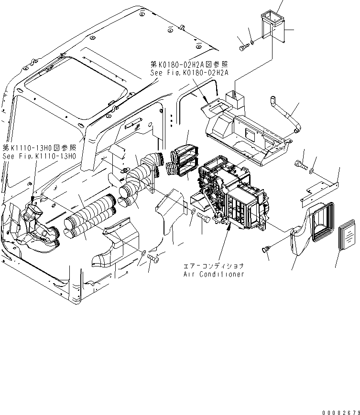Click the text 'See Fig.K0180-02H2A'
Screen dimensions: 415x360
pyautogui.click(x=189, y=73)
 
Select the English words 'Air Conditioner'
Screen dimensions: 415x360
pyautogui.click(x=214, y=274)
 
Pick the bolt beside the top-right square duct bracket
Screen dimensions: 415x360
pyautogui.click(x=243, y=47)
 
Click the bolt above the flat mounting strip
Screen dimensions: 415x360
pyautogui.click(x=300, y=165)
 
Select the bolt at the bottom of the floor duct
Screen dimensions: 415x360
pyautogui.click(x=153, y=258)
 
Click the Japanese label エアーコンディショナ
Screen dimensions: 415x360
pyautogui.click(x=214, y=266)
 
